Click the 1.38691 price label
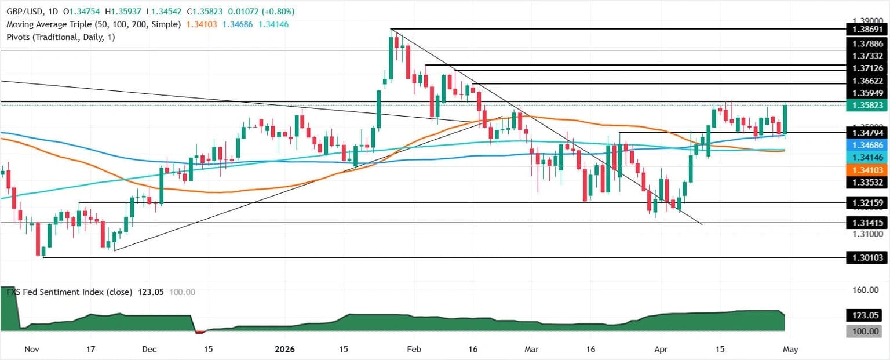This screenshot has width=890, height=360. tap(867, 29)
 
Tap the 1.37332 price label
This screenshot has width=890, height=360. tap(867, 56)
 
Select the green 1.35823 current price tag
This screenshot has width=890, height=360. tap(867, 106)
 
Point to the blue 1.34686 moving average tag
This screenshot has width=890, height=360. tap(867, 145)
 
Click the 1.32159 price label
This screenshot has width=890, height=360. tap(867, 203)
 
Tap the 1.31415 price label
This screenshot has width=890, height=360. tap(867, 223)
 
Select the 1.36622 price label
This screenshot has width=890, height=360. tap(867, 81)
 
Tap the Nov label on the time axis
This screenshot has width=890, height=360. tap(32, 350)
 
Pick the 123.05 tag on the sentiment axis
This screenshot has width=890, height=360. tap(867, 315)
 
